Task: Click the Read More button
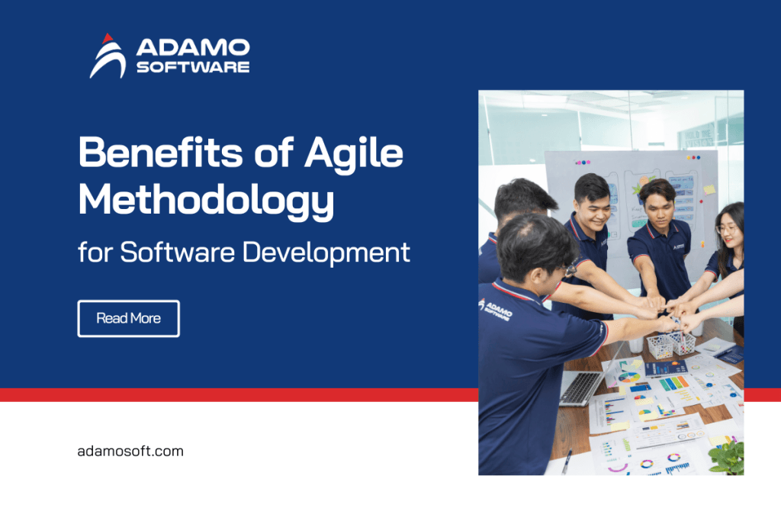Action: [x=128, y=318]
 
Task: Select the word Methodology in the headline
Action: [x=206, y=199]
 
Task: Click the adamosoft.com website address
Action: [x=130, y=451]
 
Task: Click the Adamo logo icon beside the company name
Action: [x=107, y=56]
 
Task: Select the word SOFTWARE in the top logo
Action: [x=192, y=67]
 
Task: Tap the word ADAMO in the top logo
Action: [x=192, y=47]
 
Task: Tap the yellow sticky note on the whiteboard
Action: [x=709, y=189]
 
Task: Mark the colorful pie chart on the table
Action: [x=630, y=377]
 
